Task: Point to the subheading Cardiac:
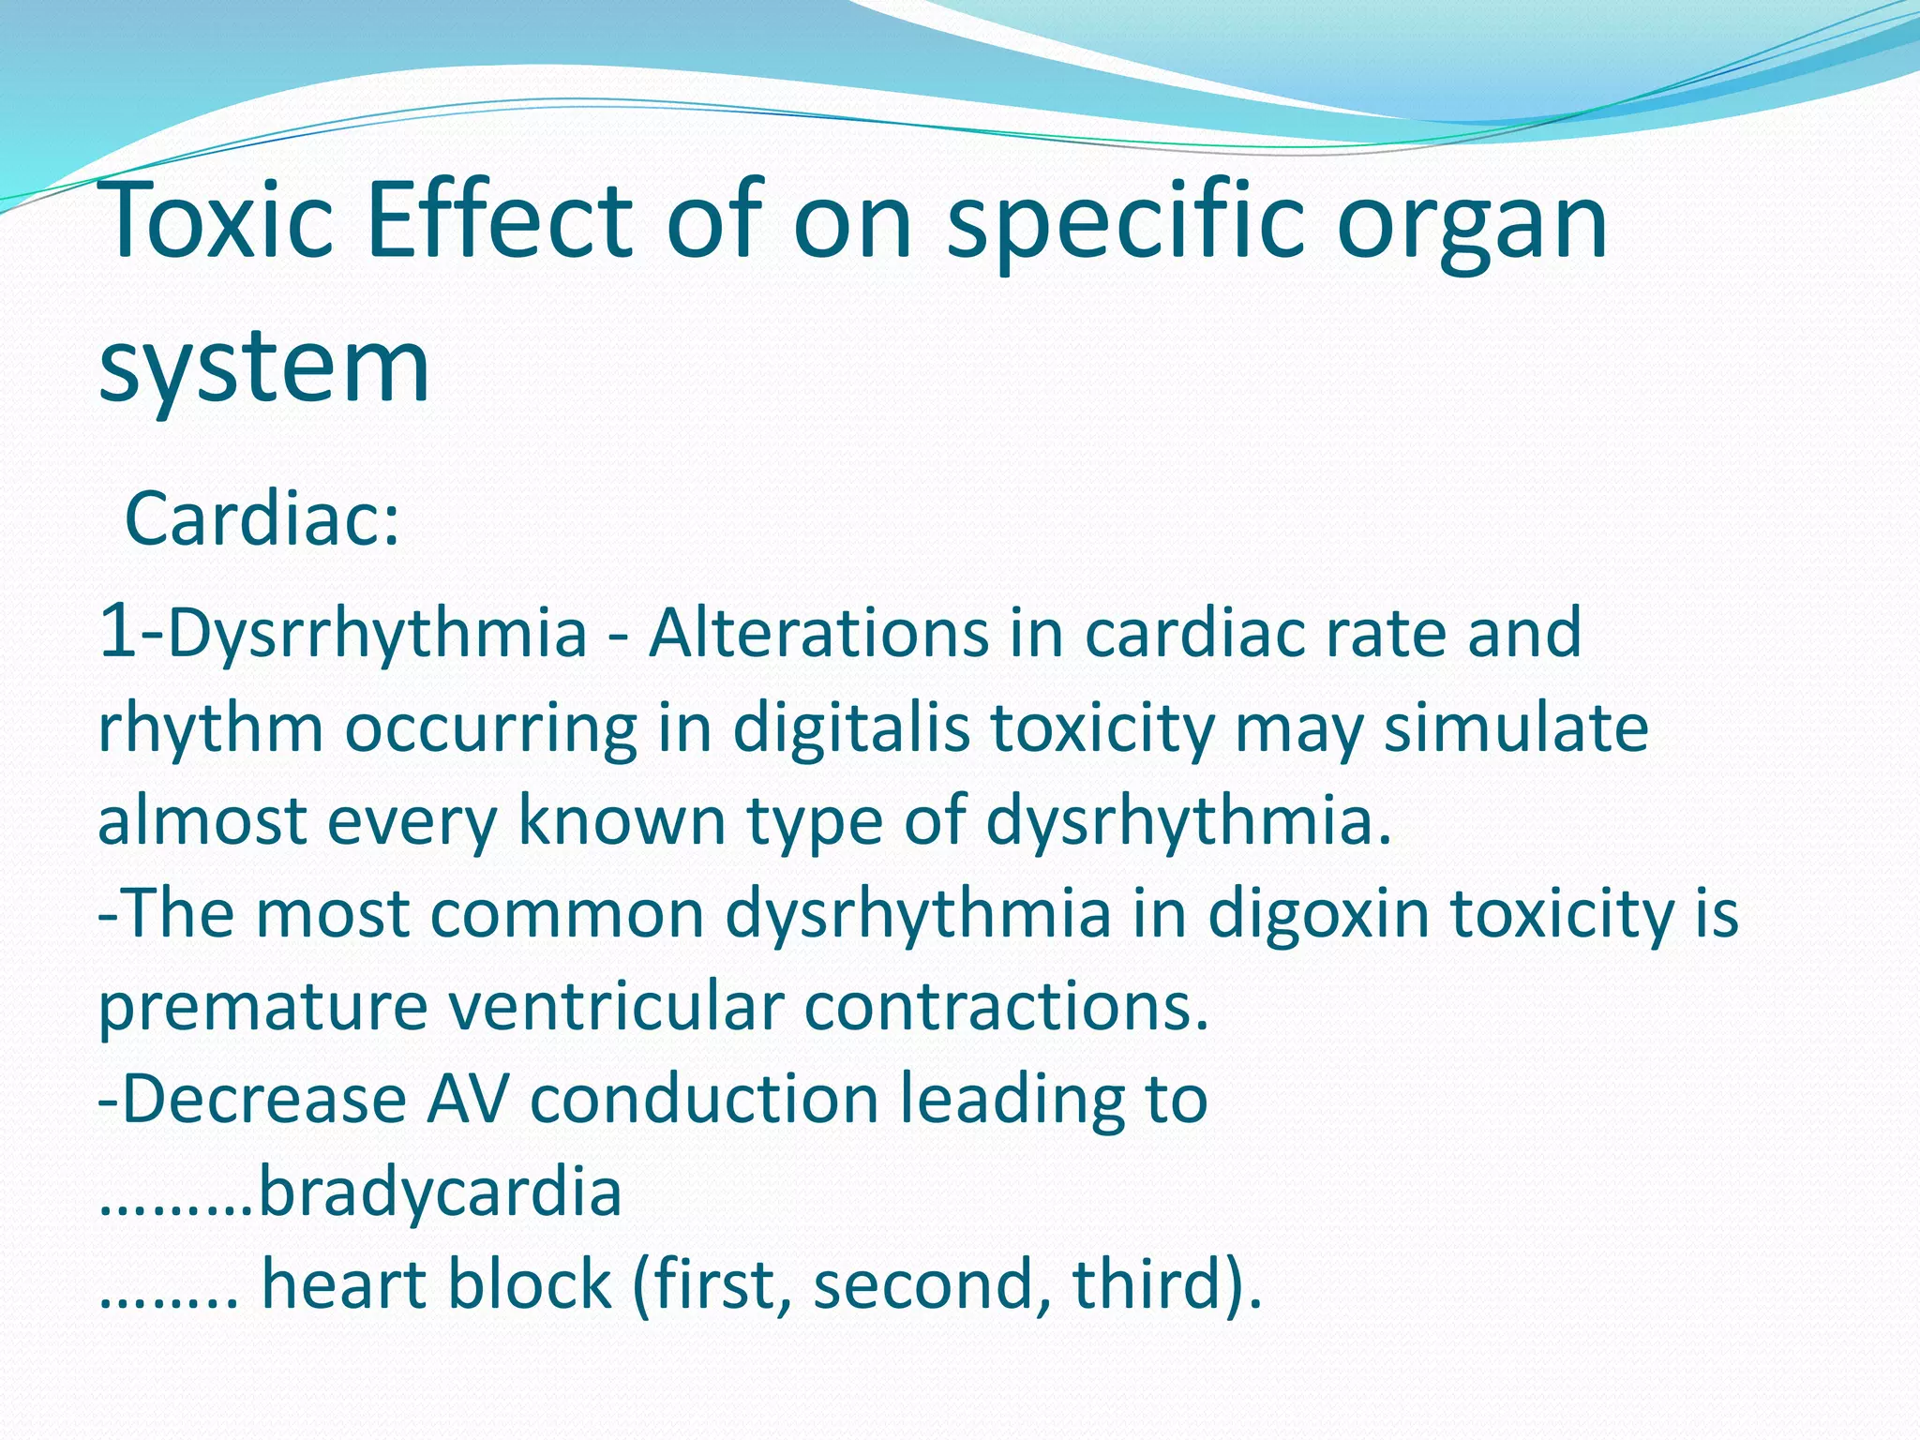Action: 262,518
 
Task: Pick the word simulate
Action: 1516,728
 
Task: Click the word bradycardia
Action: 440,1192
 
